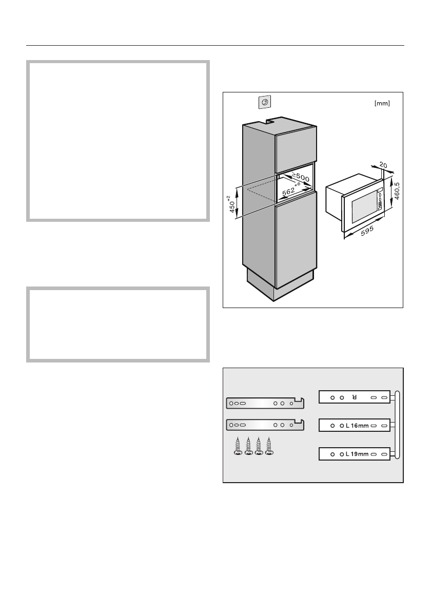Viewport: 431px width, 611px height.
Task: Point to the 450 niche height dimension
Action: click(x=232, y=205)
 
